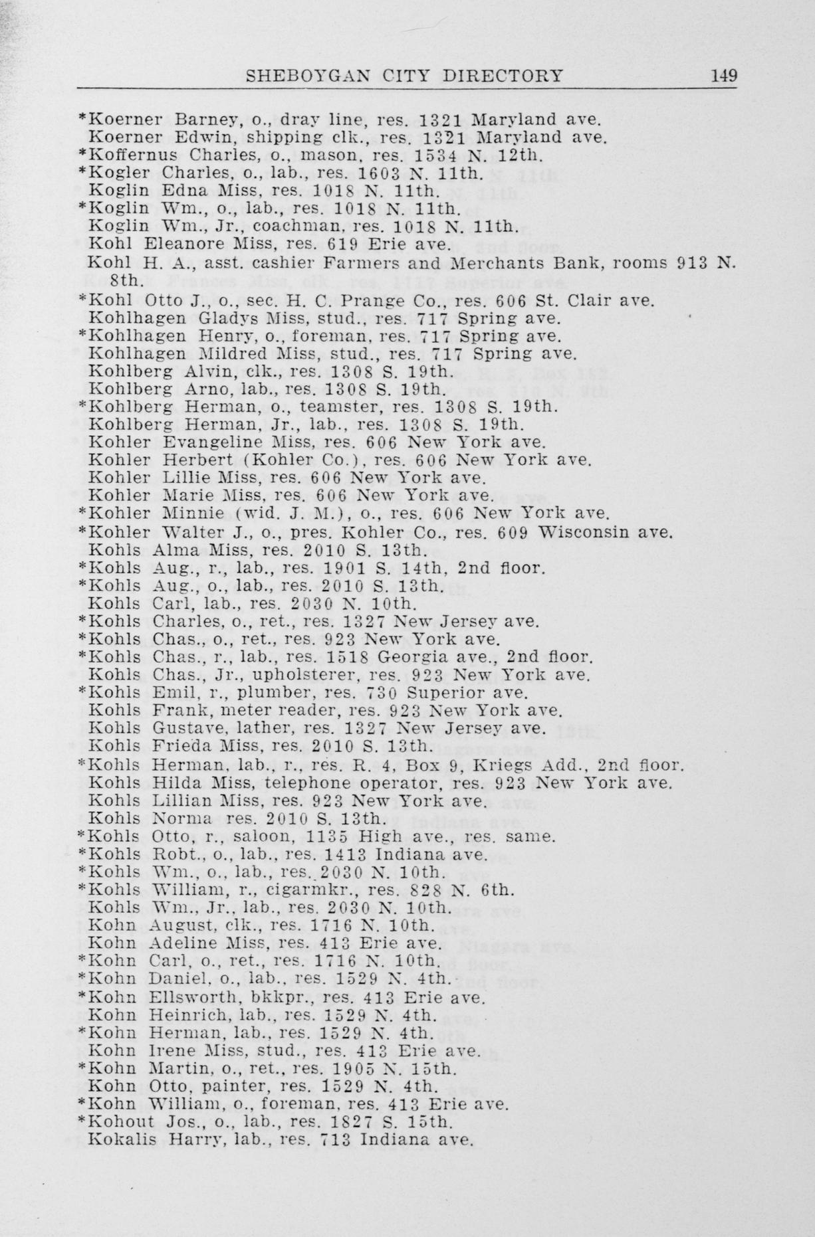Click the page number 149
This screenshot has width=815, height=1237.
tap(723, 75)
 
